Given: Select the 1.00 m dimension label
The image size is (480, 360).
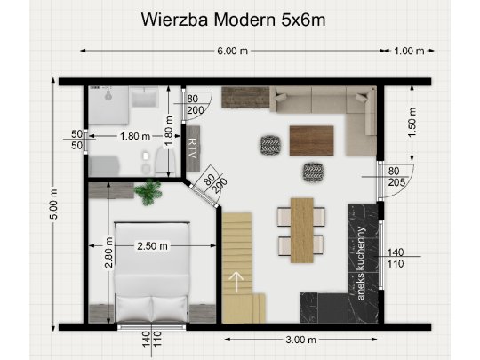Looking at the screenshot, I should click(x=409, y=51).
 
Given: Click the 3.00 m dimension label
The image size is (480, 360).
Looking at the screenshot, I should click(x=301, y=340).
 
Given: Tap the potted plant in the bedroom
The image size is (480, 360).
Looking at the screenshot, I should click(x=149, y=191).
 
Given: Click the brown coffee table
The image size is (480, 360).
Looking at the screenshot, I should click(x=311, y=140).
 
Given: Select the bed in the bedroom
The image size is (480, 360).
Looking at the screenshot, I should click(x=152, y=271).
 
